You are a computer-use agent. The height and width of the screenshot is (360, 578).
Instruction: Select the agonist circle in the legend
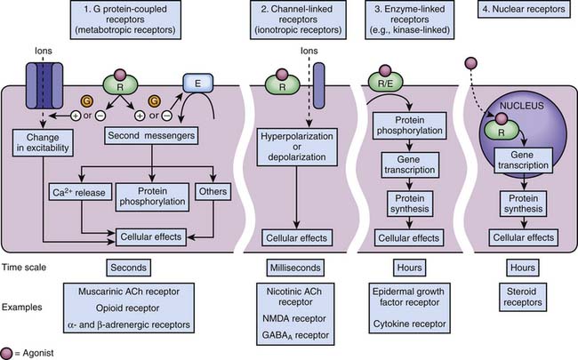click(9, 352)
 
